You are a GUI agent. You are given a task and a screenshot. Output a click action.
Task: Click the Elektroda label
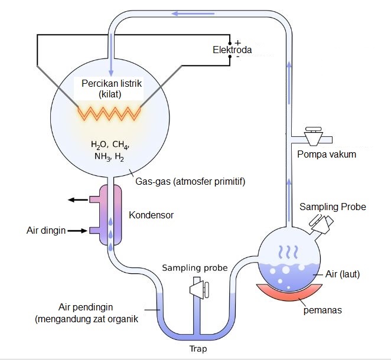tap(232, 50)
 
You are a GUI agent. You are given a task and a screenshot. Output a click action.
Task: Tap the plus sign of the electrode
tap(238, 43)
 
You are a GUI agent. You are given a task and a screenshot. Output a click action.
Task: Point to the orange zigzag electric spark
tap(109, 113)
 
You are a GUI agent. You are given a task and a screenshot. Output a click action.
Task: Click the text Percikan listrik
tap(112, 83)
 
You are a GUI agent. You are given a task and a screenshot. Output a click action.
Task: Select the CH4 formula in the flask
tap(120, 145)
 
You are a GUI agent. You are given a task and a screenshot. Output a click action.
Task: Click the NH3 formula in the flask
tap(103, 157)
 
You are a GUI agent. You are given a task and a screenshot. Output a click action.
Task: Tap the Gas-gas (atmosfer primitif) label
tap(190, 181)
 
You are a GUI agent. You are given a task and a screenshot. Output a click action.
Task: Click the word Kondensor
tap(151, 215)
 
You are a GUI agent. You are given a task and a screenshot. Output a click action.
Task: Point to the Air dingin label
tap(46, 230)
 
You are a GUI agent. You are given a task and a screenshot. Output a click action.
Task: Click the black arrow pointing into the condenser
tap(77, 231)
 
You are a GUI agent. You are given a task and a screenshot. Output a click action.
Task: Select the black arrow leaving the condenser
tap(78, 199)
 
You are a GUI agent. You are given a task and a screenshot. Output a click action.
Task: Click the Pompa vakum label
tap(327, 155)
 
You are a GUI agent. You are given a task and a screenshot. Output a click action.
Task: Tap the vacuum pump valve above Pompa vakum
tap(314, 136)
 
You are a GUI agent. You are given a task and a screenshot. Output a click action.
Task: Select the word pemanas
tap(322, 310)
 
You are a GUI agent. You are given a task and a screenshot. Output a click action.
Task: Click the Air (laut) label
tap(343, 274)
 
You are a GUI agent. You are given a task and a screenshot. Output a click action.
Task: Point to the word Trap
tap(198, 349)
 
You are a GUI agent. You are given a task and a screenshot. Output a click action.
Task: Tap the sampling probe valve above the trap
tap(199, 290)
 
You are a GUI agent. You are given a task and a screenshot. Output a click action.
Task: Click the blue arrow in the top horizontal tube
tap(193, 14)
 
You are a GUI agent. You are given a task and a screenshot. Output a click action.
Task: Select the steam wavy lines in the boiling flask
tap(288, 252)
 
